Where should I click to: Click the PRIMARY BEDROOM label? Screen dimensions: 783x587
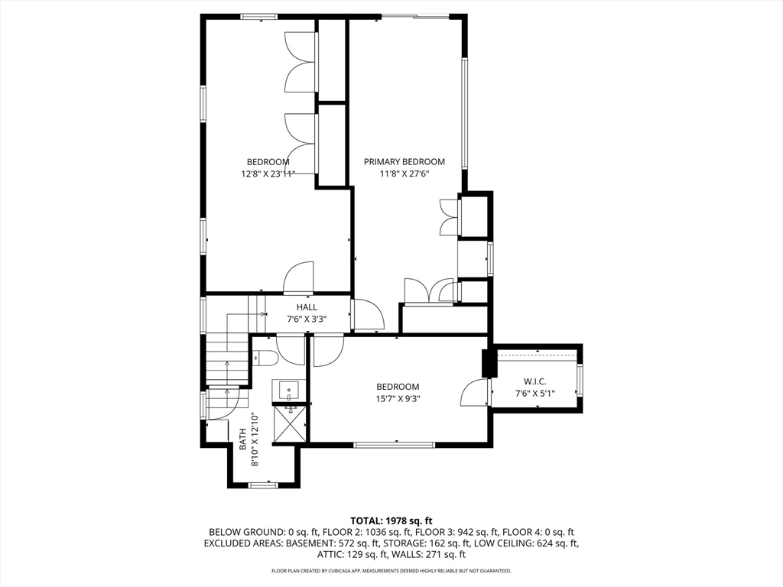pyautogui.click(x=404, y=162)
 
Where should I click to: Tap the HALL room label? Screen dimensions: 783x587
pyautogui.click(x=307, y=307)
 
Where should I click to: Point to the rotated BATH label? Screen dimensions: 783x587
pyautogui.click(x=242, y=439)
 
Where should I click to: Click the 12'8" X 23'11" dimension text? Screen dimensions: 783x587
pyautogui.click(x=268, y=174)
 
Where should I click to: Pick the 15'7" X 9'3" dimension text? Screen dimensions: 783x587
pyautogui.click(x=398, y=399)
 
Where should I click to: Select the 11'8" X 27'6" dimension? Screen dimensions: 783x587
pyautogui.click(x=404, y=174)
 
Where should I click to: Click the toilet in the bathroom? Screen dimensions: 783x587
pyautogui.click(x=265, y=358)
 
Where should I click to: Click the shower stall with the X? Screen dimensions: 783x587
pyautogui.click(x=290, y=423)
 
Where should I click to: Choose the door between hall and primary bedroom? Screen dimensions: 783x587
pyautogui.click(x=368, y=314)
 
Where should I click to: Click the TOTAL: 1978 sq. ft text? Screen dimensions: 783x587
pyautogui.click(x=391, y=521)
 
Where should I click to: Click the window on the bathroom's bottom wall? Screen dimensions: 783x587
pyautogui.click(x=264, y=485)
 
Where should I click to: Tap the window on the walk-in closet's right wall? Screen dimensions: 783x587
pyautogui.click(x=580, y=381)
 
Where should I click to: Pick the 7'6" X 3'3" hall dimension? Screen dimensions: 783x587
pyautogui.click(x=307, y=319)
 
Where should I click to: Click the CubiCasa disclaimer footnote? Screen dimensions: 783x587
pyautogui.click(x=391, y=570)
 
